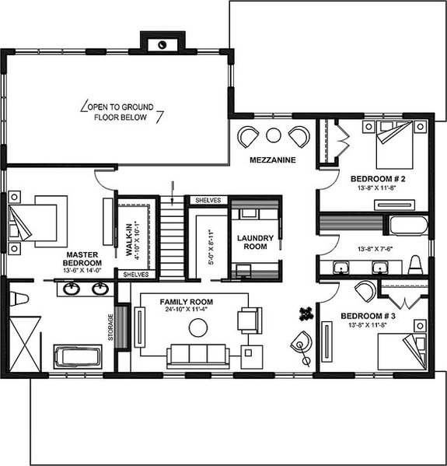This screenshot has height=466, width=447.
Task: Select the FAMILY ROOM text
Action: pos(187,301)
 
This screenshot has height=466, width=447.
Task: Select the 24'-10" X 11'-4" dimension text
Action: pos(187,310)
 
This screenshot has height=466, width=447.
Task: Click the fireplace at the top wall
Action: pos(162,44)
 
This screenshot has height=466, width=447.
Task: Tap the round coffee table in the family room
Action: pos(198,328)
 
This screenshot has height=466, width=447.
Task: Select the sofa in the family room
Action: pos(198,356)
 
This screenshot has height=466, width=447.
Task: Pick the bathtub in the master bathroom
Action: pos(78,358)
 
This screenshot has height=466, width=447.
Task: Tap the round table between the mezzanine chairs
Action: pos(273,135)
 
